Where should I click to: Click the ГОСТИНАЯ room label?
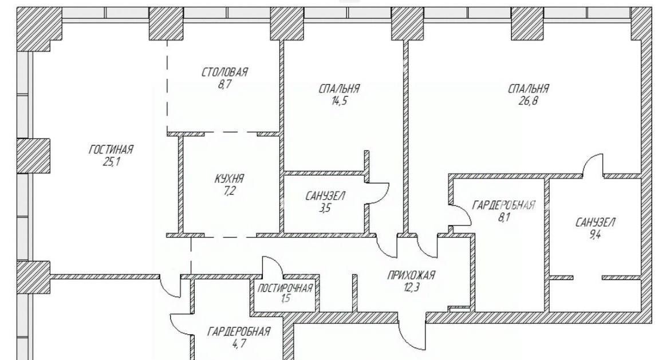pos(111,150)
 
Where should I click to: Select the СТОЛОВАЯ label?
pos(224,72)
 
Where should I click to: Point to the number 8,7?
pos(224,84)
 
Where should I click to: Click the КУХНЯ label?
pos(229,179)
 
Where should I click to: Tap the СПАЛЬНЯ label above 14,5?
pos(339,89)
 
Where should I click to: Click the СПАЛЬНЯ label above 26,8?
pos(528,89)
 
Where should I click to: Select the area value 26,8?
pos(529,101)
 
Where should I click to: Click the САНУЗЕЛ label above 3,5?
pos(325,196)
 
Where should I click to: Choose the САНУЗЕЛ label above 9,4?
pos(595,223)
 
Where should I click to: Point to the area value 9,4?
pos(595,235)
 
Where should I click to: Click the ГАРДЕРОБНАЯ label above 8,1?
pos(503,205)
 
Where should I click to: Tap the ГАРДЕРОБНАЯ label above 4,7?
pos(239,331)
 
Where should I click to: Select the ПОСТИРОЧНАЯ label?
pos(285,288)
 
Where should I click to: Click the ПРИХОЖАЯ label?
pos(411,275)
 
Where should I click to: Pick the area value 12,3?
pos(411,287)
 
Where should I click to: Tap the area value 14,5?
pos(339,101)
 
